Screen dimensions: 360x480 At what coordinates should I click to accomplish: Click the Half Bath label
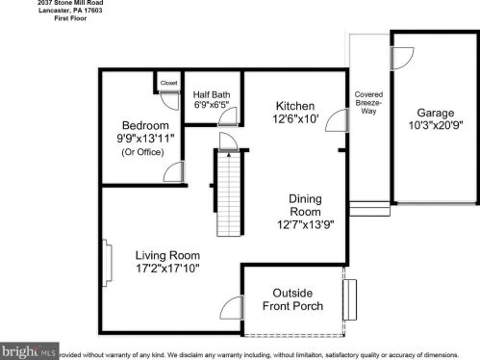point(211,93)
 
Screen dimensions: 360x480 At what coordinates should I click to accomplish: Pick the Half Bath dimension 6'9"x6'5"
point(211,105)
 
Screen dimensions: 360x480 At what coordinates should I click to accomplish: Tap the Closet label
point(169,83)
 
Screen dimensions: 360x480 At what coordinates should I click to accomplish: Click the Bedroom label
point(145,125)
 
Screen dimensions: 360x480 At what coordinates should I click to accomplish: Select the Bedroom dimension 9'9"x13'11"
point(145,139)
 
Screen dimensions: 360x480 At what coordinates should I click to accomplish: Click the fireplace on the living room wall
point(105,259)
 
